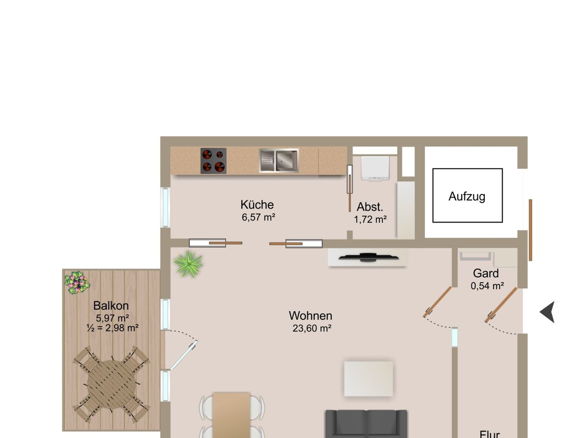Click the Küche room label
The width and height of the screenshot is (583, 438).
257,204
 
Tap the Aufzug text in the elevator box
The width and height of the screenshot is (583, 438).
467,197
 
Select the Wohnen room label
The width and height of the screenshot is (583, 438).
310,316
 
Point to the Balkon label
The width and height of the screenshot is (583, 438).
111,306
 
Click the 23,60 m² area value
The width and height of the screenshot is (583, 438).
312,328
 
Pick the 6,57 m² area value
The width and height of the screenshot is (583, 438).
258,217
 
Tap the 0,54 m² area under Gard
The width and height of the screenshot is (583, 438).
487,286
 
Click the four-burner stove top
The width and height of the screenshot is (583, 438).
213,161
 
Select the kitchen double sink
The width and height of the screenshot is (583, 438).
279,161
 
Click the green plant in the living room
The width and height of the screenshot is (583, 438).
188,264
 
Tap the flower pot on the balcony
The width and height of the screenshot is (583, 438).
77,282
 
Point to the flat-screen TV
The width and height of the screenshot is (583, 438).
368,257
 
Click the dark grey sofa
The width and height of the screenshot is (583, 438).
366,424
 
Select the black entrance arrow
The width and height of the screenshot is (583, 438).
547,312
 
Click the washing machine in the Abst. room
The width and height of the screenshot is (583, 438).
375,169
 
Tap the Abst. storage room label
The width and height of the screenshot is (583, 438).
370,207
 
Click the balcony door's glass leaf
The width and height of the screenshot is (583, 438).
184,355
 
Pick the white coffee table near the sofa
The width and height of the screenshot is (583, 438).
368,379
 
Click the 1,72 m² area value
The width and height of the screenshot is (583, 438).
370,219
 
